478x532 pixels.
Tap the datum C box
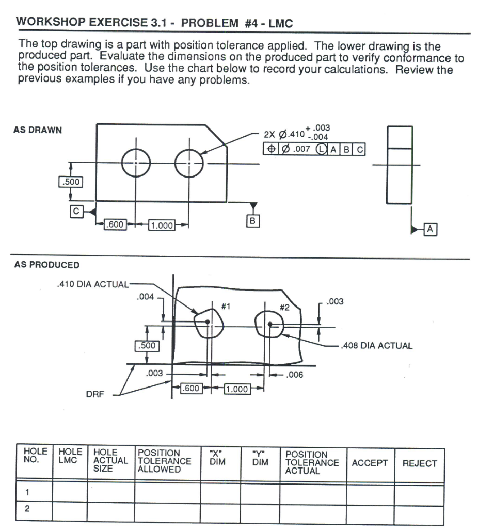coord(75,211)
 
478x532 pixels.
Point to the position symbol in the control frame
coord(270,149)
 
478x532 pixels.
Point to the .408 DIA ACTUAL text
coord(377,346)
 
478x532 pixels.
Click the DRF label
coord(95,395)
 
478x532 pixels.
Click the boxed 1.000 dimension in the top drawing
coord(162,225)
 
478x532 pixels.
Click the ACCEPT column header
coord(370,463)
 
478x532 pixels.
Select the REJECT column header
coord(419,463)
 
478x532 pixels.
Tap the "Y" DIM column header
coord(260,459)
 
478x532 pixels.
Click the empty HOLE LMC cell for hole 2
coord(69,509)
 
